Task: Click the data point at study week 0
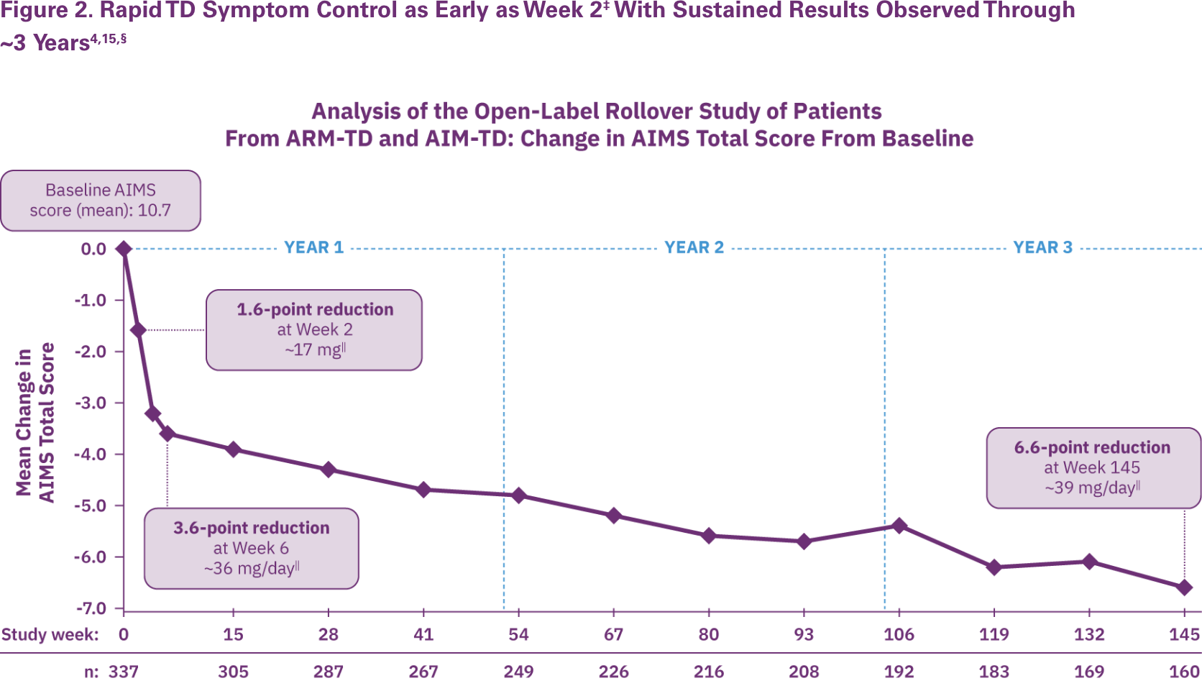point(124,249)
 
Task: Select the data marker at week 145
point(1184,587)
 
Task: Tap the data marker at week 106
point(899,526)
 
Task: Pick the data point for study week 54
point(518,495)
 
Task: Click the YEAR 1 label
point(313,247)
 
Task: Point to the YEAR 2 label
point(694,247)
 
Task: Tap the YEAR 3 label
point(1042,247)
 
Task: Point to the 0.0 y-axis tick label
point(93,249)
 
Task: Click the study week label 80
point(709,634)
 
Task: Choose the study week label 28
point(329,634)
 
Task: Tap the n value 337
point(123,672)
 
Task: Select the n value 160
point(1184,672)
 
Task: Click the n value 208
point(804,672)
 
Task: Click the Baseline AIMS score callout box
point(101,201)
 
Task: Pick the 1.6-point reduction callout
point(314,330)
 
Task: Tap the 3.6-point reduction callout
point(252,548)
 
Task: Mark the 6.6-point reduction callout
point(1093,467)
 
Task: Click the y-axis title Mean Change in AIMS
point(35,423)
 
